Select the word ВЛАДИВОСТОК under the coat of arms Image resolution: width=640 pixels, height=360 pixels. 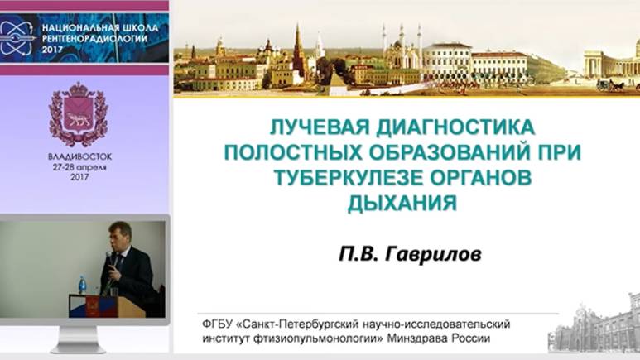(x=79, y=156)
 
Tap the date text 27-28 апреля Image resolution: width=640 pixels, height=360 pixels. (x=79, y=166)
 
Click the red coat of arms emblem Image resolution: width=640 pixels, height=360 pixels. (x=79, y=114)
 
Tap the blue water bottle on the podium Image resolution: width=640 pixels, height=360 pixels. (x=83, y=285)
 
